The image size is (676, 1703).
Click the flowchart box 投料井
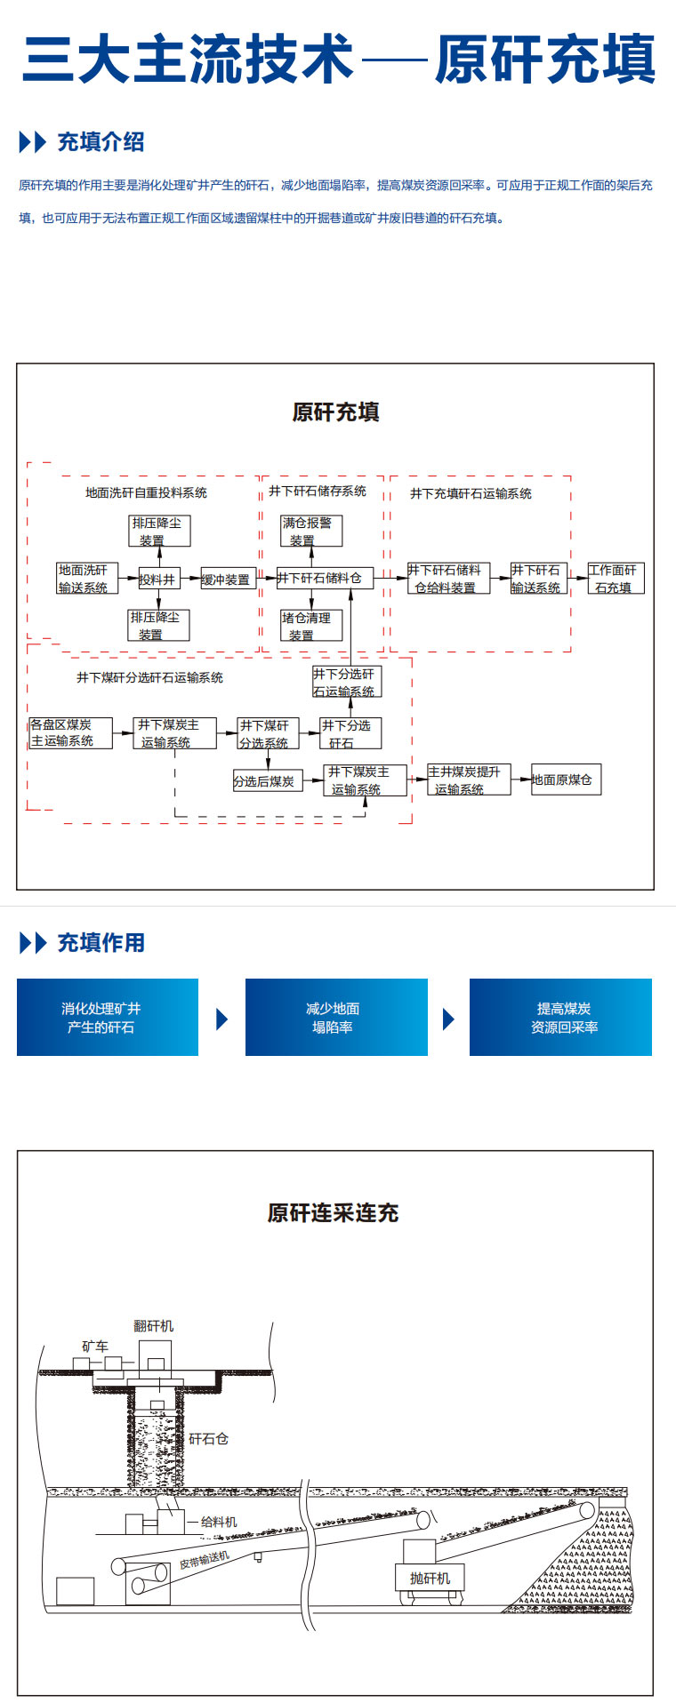point(158,580)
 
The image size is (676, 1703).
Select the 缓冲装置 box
point(228,580)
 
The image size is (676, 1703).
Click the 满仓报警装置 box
point(311,531)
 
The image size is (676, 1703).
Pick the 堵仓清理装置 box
point(311,626)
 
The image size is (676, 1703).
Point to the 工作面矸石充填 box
point(616,579)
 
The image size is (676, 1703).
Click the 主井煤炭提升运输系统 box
point(468,780)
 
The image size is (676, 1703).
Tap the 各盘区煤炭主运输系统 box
point(70,732)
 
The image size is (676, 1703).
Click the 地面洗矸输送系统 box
point(86,579)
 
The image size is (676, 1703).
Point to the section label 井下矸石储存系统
point(318,491)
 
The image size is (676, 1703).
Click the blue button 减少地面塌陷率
point(336,1017)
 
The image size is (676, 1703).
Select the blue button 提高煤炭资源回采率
point(560,1017)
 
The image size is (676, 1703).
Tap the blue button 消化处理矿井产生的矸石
point(108,1017)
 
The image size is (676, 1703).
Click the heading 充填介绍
point(101,141)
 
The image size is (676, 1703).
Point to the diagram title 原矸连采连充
point(333,1212)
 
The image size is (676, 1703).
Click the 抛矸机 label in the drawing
point(430,1578)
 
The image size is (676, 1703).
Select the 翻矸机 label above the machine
point(154,1325)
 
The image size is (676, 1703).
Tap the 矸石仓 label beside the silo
point(208,1438)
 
